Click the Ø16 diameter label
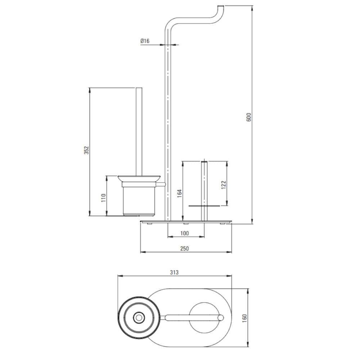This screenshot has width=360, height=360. point(145,41)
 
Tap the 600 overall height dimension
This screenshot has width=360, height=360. point(249,117)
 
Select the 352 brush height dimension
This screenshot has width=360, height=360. point(86,150)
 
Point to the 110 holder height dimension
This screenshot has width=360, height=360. point(104,198)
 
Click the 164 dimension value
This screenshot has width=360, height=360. point(180,193)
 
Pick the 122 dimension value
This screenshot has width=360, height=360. point(224,185)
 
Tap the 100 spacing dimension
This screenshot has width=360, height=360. point(185,233)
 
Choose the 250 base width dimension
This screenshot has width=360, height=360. point(185,248)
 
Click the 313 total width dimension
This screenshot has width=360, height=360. point(174,272)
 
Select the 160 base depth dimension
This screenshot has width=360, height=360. point(244,318)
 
